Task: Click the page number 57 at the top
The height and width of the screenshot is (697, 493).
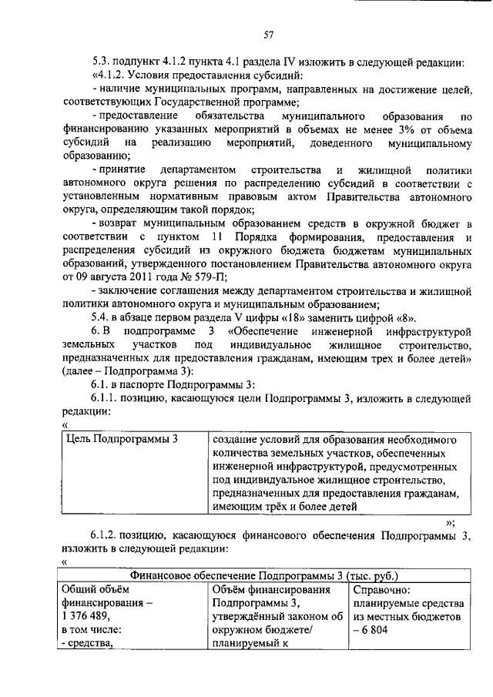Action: tap(268, 34)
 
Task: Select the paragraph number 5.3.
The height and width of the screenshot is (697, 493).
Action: tap(100, 62)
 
